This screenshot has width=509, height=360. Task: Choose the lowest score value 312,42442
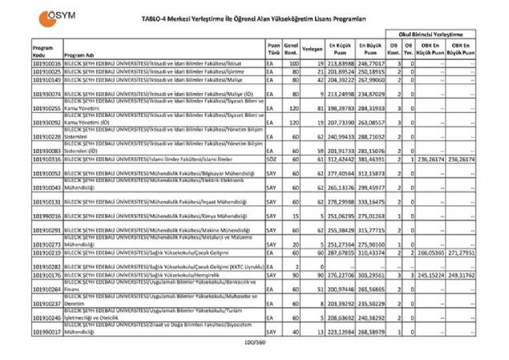pos(342,160)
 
